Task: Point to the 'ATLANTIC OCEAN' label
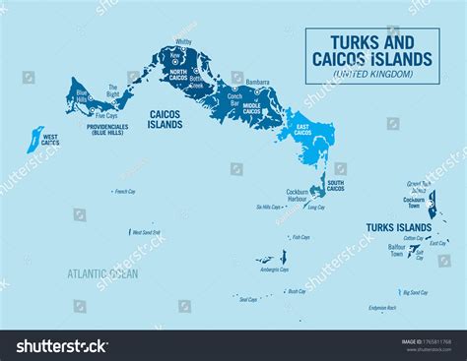pyautogui.click(x=103, y=273)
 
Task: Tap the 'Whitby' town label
pyautogui.click(x=182, y=42)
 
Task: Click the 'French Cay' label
pyautogui.click(x=124, y=191)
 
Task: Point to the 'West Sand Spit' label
pyautogui.click(x=146, y=232)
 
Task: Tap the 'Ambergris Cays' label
pyautogui.click(x=273, y=269)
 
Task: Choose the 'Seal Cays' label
pyautogui.click(x=247, y=299)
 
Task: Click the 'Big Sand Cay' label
pyautogui.click(x=415, y=292)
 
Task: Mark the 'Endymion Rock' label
pyautogui.click(x=382, y=308)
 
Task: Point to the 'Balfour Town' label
pyautogui.click(x=396, y=251)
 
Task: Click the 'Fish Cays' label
pyautogui.click(x=300, y=237)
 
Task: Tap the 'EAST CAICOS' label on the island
pyautogui.click(x=302, y=131)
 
